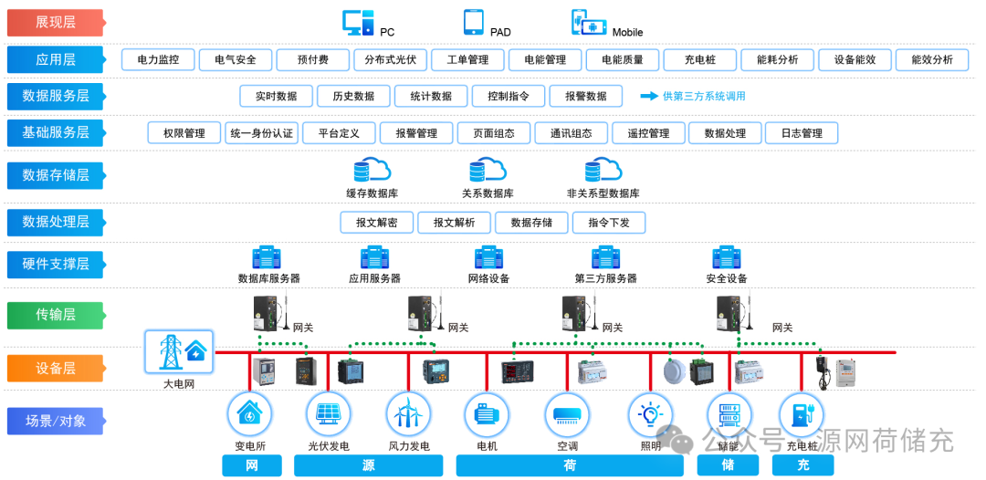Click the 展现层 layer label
point(55,22)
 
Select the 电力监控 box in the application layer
point(158,60)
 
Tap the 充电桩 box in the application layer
point(700,60)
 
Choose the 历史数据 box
point(353,96)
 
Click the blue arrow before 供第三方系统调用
point(649,96)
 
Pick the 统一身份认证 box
point(262,133)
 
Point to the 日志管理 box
point(801,133)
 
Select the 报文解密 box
point(376,223)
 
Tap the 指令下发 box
point(608,223)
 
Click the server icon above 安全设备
point(727,257)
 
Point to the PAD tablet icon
point(473,22)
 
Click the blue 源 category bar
point(368,465)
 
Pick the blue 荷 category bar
point(570,465)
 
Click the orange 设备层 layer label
point(55,368)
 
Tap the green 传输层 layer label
point(55,315)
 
